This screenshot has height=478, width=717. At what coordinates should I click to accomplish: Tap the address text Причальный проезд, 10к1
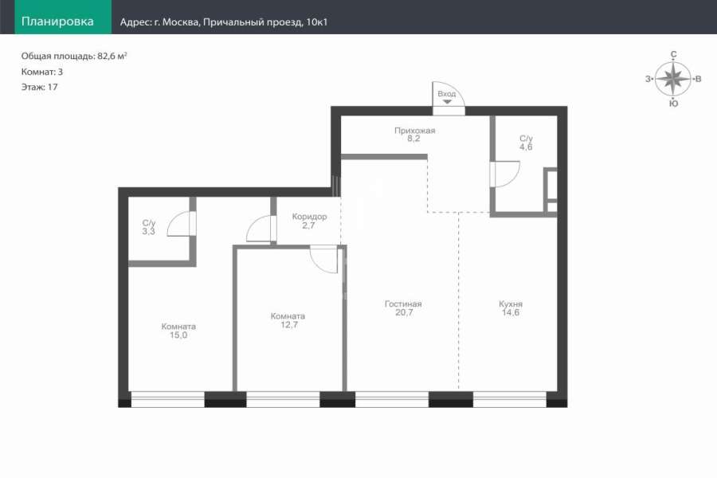click(x=265, y=22)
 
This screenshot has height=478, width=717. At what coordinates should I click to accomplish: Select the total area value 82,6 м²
click(x=112, y=57)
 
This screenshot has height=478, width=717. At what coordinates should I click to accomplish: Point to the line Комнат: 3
click(x=42, y=72)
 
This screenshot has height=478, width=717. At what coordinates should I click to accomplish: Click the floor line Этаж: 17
click(x=39, y=87)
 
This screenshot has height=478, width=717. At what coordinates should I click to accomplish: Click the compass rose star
click(x=673, y=79)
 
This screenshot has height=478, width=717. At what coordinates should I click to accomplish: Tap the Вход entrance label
click(x=447, y=94)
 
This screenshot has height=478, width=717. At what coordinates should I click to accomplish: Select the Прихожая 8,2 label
click(x=415, y=135)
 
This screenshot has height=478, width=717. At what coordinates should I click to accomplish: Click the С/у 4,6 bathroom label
click(x=526, y=143)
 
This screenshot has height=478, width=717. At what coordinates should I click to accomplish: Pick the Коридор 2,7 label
click(x=310, y=221)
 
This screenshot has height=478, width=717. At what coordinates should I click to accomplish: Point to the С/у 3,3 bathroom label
click(x=149, y=227)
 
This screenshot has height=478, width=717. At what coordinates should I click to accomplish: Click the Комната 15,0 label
click(x=178, y=331)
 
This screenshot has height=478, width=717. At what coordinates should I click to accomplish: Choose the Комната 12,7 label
click(x=288, y=320)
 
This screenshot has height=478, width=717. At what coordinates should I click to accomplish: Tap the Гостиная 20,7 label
click(x=403, y=308)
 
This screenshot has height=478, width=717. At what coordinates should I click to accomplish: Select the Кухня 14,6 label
click(x=511, y=308)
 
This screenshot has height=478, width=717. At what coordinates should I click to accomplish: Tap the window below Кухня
click(x=510, y=399)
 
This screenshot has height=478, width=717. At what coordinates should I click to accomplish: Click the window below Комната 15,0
click(x=168, y=399)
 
